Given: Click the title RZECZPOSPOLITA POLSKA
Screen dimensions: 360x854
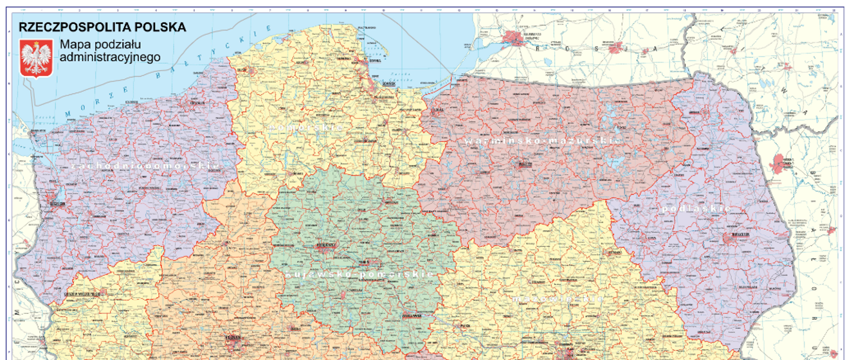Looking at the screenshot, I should [x=103, y=27].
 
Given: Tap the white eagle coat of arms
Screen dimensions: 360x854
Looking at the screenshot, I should [x=37, y=58].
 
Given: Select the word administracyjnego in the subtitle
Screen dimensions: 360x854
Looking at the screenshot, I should [x=109, y=57].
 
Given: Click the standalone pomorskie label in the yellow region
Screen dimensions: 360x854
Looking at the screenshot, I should [x=307, y=127].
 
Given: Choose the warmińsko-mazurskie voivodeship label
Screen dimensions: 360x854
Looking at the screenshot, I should [x=542, y=139].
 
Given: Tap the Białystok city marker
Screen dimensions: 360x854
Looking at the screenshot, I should [x=731, y=239].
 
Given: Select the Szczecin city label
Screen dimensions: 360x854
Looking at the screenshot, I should [x=58, y=204].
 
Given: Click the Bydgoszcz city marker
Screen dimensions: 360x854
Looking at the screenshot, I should [x=324, y=244].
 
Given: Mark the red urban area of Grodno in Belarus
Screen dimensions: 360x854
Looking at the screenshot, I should [x=781, y=163].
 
